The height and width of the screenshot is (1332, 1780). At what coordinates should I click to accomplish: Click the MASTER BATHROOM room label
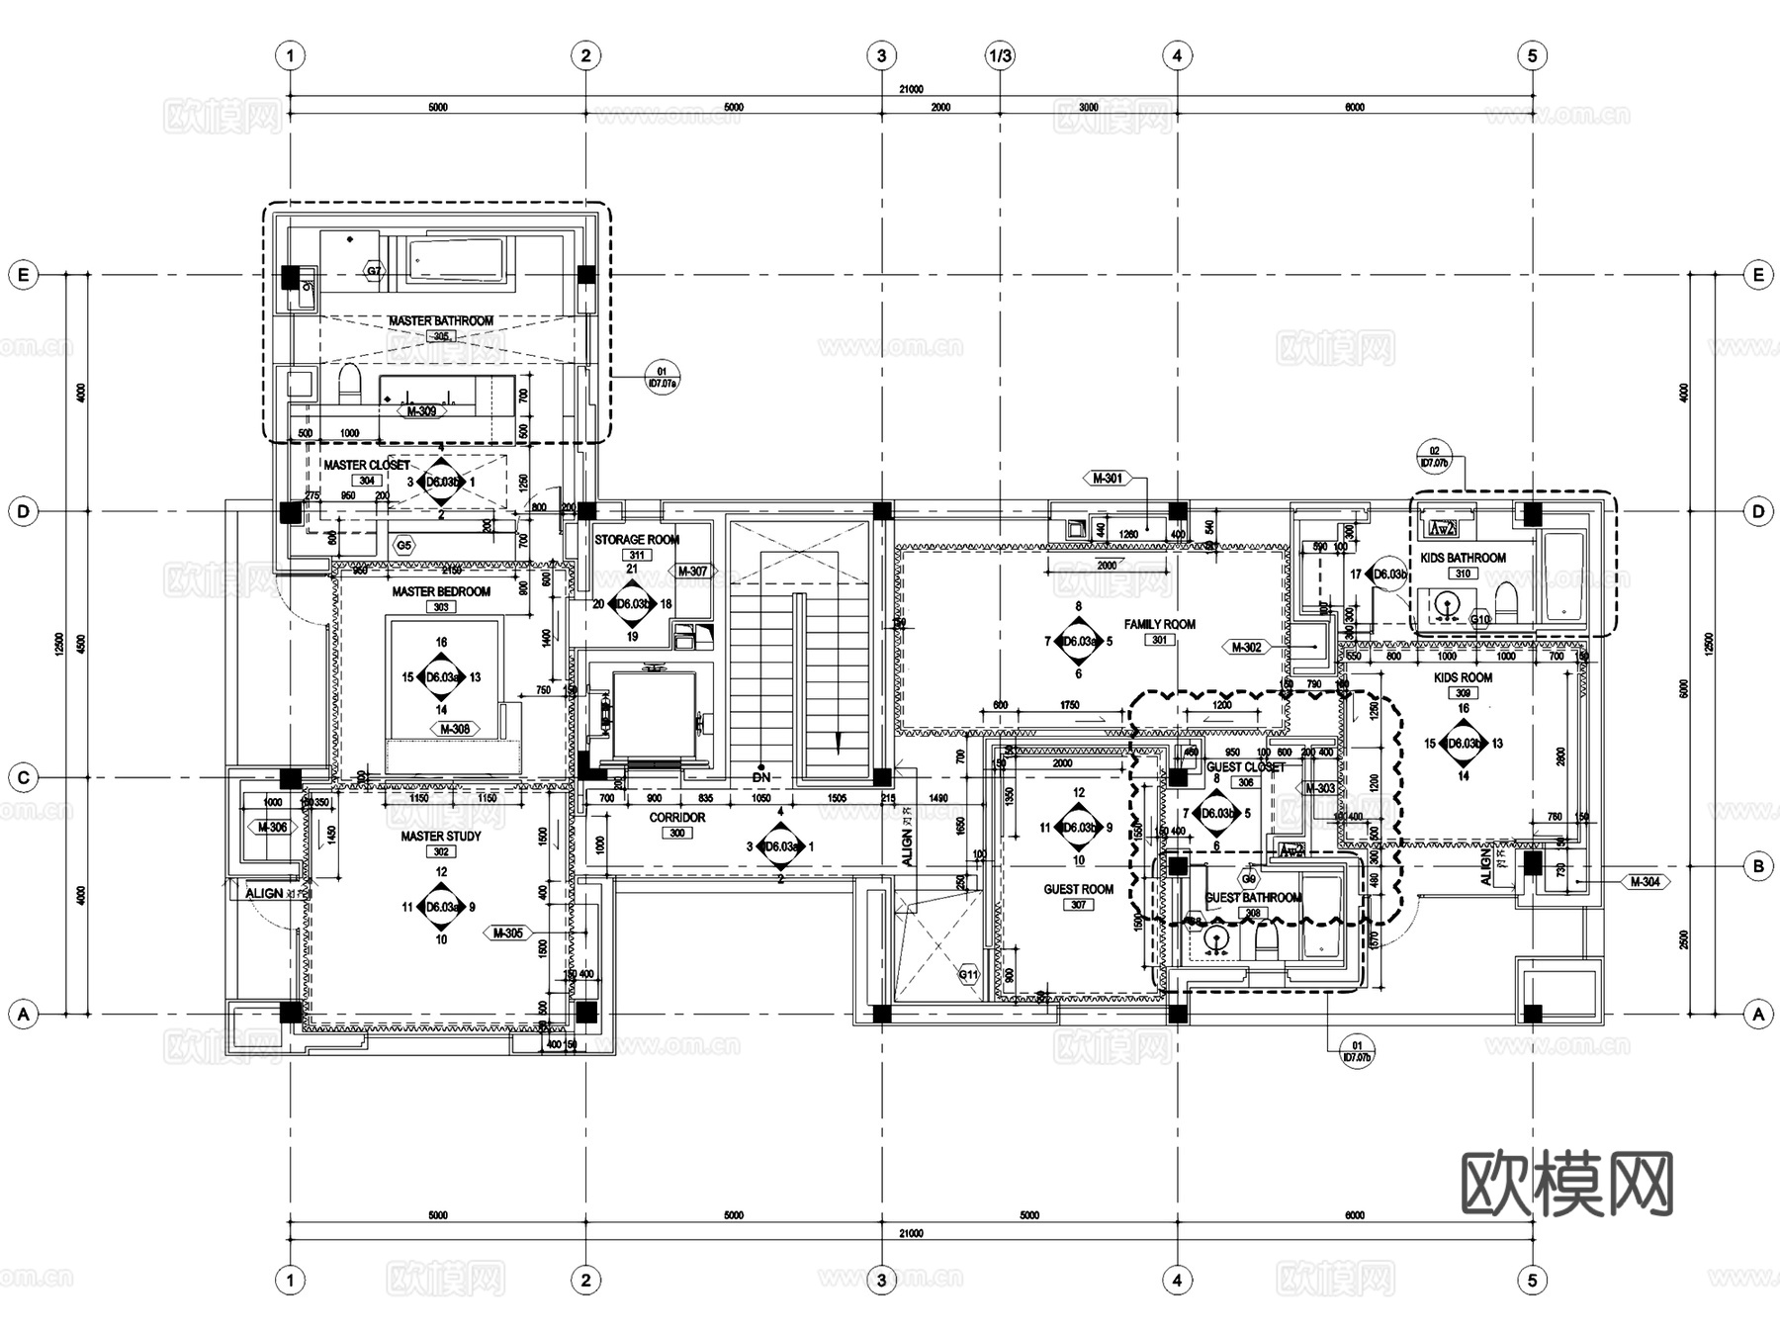(x=440, y=321)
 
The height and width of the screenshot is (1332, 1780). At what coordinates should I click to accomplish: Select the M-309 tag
(x=421, y=411)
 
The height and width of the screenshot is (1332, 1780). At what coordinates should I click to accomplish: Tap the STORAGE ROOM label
(x=637, y=540)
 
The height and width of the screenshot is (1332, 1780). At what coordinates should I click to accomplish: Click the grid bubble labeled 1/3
(x=1000, y=55)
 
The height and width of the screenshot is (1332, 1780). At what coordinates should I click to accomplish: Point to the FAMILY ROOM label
(x=1159, y=624)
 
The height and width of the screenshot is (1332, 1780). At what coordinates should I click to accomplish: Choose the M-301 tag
(x=1108, y=479)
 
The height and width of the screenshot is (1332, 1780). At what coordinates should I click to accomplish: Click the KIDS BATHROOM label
(x=1463, y=558)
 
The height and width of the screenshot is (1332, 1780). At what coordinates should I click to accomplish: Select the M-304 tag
(x=1645, y=882)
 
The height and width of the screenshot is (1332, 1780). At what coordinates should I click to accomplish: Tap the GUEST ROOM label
(x=1078, y=889)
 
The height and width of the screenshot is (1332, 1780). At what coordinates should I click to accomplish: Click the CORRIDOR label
(x=676, y=818)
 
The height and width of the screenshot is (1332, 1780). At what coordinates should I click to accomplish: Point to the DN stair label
(x=760, y=778)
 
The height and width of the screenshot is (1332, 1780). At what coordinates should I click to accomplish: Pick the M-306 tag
(x=272, y=828)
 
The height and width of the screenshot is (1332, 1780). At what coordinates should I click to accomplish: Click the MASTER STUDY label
(x=441, y=837)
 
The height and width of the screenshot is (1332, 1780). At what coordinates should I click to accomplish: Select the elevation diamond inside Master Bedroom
(x=441, y=677)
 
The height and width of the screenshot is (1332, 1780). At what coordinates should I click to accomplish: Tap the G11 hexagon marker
(x=968, y=974)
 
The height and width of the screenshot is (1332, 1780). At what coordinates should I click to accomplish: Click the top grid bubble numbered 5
(x=1532, y=55)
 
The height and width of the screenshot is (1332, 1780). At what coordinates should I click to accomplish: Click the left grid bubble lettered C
(x=24, y=778)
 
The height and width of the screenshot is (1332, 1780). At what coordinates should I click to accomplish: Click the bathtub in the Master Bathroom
(x=457, y=260)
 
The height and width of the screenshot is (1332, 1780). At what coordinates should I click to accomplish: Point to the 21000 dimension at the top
(x=910, y=90)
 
